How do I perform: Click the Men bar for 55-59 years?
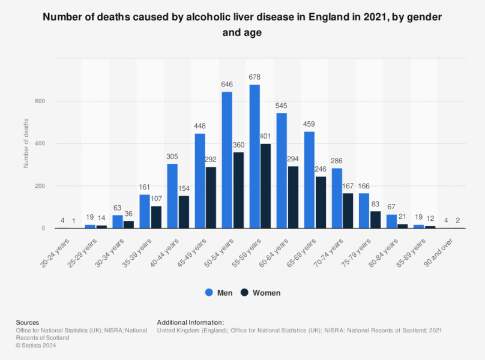pos(255,156)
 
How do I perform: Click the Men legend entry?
pos(219,293)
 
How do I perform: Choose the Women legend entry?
pos(260,293)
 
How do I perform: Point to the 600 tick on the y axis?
pos(40,101)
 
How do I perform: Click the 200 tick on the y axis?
pos(40,186)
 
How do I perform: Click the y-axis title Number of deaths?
pos(26,143)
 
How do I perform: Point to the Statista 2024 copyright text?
pos(37,345)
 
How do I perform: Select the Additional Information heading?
pos(190,322)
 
